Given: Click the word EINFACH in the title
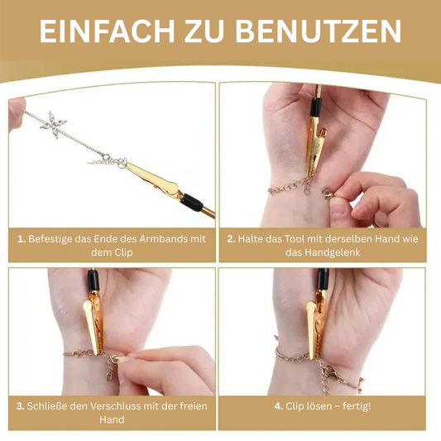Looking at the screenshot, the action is click(x=107, y=31).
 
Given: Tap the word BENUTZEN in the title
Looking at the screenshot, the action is click(x=319, y=31).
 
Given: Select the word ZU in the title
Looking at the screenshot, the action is click(x=204, y=31).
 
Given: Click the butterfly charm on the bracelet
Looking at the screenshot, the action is click(x=54, y=125).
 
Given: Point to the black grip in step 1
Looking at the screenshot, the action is click(x=191, y=202).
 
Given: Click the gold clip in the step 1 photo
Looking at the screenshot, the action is click(x=153, y=179).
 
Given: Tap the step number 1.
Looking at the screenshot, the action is click(x=22, y=239).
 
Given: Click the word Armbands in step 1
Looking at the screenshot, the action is click(x=163, y=239).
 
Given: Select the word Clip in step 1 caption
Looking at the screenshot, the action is click(x=123, y=252).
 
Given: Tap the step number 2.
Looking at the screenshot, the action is click(x=231, y=239).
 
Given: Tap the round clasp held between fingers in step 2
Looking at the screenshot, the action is click(x=328, y=193).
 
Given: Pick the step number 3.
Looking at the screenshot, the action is click(x=21, y=406).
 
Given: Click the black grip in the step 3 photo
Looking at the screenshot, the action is click(x=93, y=280).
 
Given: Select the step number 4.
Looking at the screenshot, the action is click(x=279, y=406).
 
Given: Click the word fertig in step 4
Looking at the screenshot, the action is click(x=357, y=406).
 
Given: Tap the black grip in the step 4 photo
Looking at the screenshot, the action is click(x=323, y=279).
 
